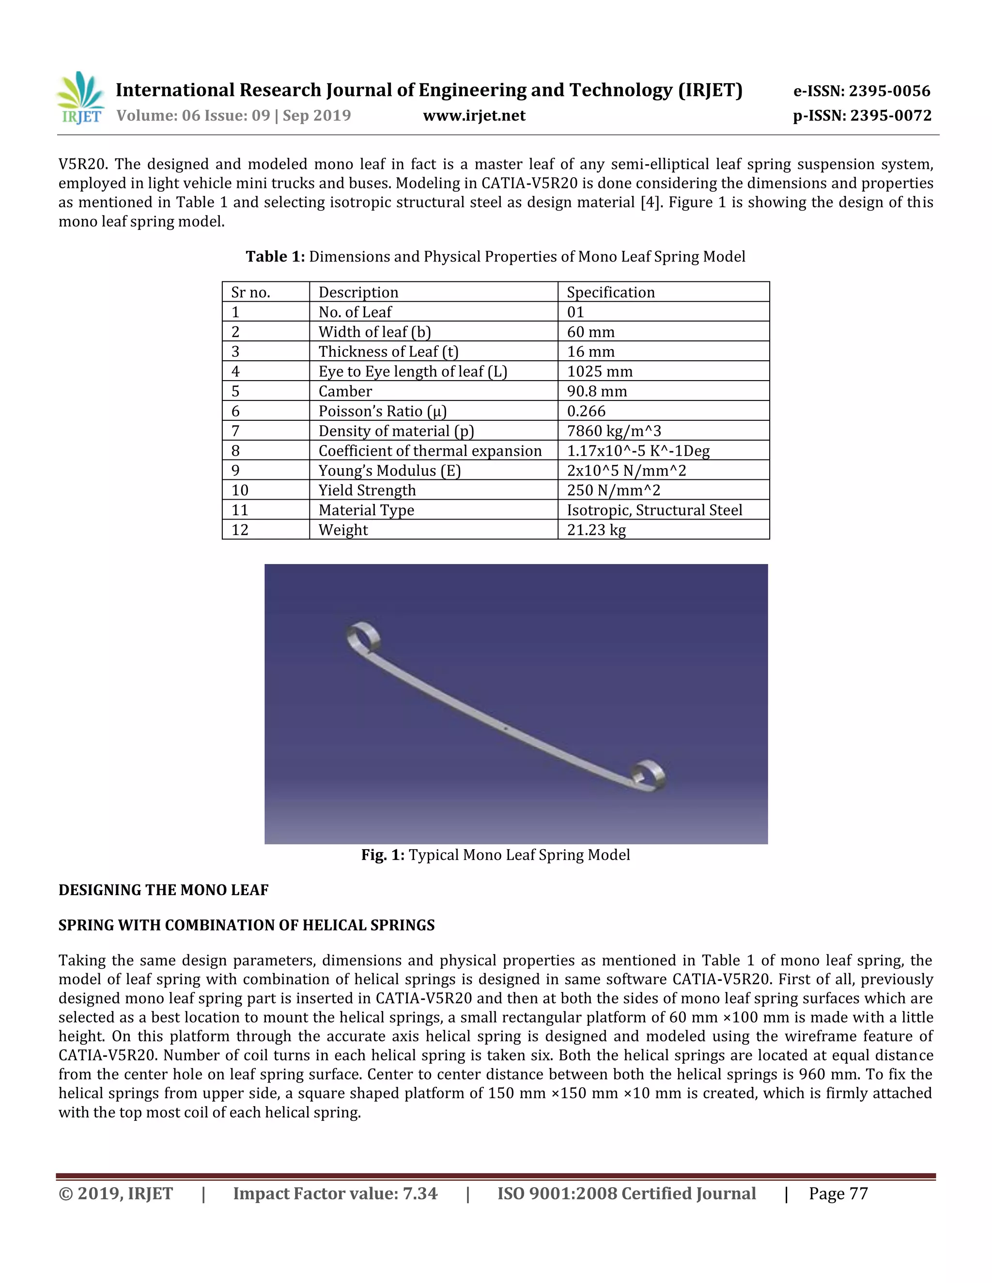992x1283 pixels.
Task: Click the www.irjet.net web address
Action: (x=474, y=116)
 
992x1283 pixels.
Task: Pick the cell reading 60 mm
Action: (x=590, y=332)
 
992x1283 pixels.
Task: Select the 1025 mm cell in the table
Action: (x=600, y=371)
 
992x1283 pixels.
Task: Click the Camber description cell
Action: (x=345, y=391)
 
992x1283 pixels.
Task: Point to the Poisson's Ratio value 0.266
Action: (x=586, y=411)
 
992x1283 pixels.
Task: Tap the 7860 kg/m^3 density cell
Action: (x=614, y=431)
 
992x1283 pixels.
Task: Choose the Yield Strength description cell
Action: (x=367, y=490)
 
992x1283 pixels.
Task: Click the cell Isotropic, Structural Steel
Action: (x=654, y=510)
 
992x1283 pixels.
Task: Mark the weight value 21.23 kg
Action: (x=596, y=530)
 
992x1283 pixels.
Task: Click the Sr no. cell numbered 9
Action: (x=236, y=471)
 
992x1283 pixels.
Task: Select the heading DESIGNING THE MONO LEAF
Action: (x=163, y=890)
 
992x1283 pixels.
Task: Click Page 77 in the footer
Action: (x=837, y=1194)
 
